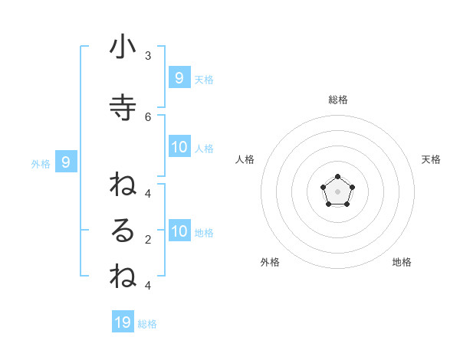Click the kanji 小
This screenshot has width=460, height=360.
point(123,47)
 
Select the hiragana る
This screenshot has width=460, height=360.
point(123,231)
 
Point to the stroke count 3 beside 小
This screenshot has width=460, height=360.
point(148,56)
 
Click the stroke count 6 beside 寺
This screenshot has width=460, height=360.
point(148,116)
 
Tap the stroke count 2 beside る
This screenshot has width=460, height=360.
point(148,240)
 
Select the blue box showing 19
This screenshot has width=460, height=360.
point(123,322)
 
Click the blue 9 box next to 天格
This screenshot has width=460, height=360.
point(179,78)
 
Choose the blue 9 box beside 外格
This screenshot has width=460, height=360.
point(66,162)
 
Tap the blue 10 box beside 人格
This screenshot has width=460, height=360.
point(179,147)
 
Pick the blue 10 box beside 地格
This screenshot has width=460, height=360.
point(179,231)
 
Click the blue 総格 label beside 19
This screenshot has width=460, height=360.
point(147,324)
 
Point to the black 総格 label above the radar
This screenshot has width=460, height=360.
point(337,100)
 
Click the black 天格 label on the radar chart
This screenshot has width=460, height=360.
point(431,159)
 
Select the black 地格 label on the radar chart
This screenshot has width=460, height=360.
point(402,262)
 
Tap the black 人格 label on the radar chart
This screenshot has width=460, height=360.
point(245,159)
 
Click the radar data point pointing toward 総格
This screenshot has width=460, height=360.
point(337,177)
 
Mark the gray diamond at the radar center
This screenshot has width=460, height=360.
point(337,191)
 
